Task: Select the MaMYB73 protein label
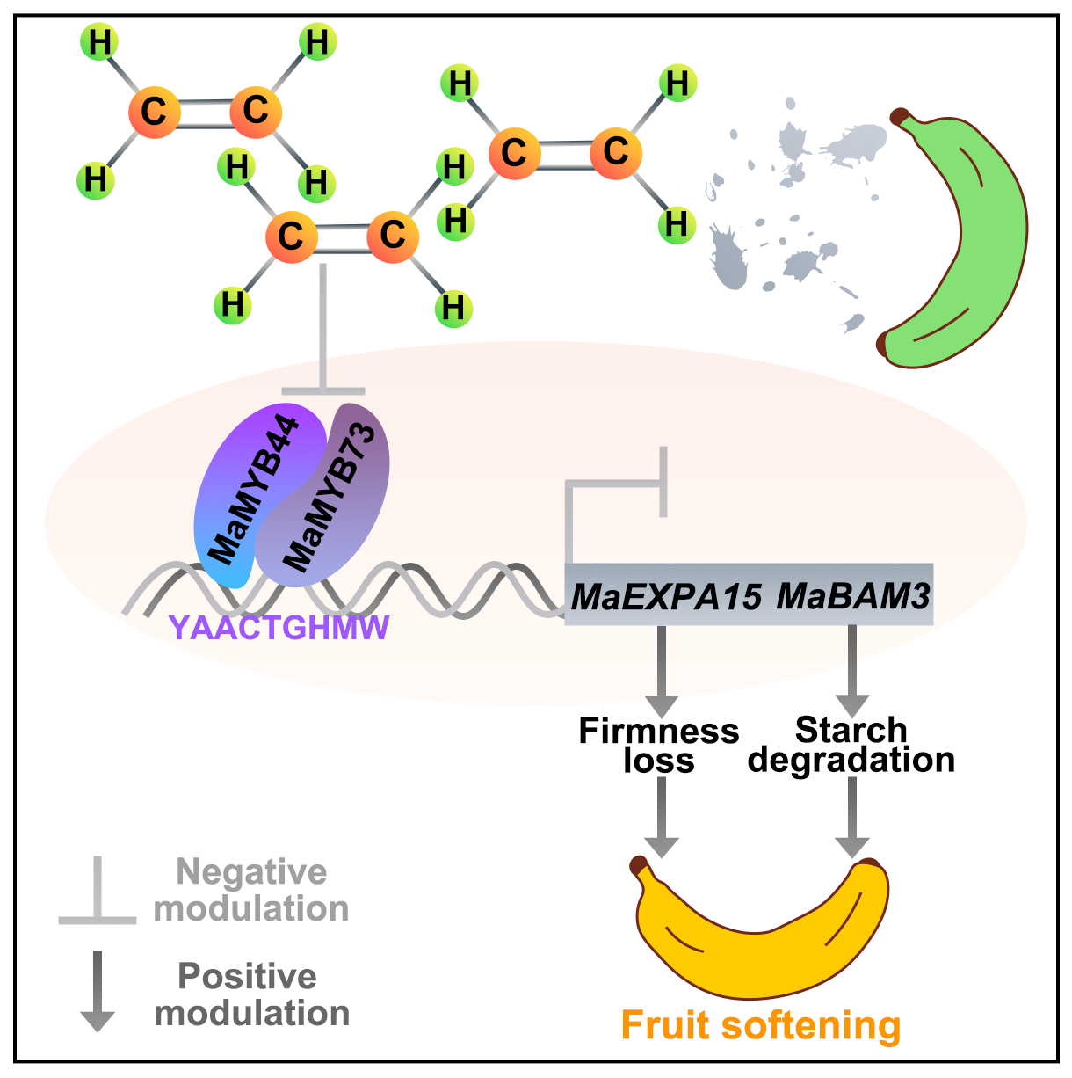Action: pos(332,497)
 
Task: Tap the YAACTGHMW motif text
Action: pos(279,628)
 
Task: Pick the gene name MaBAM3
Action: pos(853,597)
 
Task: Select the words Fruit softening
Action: pos(761,1025)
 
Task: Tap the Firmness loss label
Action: pos(659,745)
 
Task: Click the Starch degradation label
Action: pos(851,745)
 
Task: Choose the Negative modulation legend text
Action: pos(252,890)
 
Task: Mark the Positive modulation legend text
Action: pos(252,994)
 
